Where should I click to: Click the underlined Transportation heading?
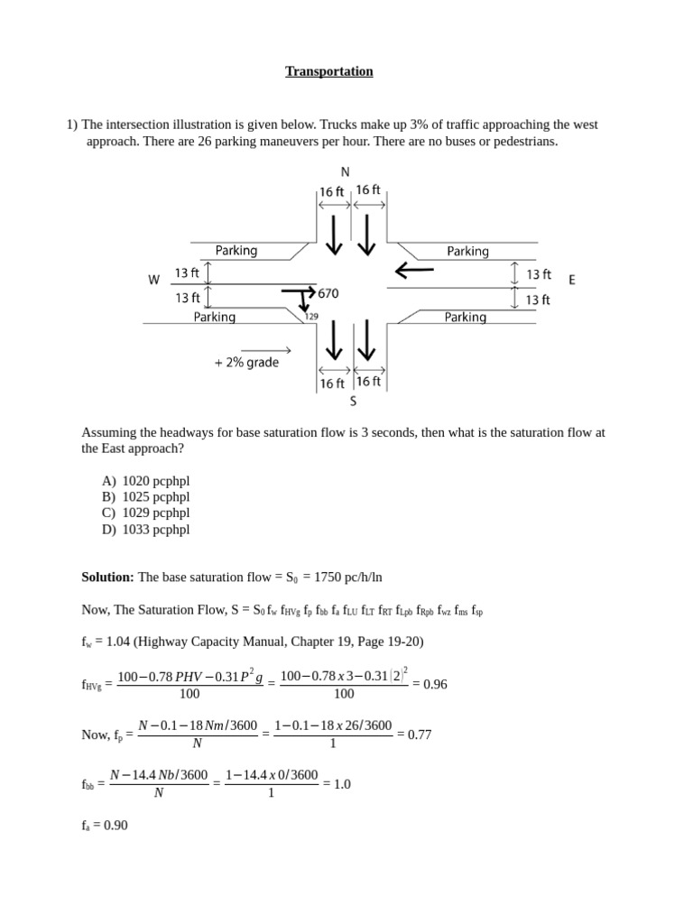pos(329,71)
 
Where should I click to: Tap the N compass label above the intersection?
pos(345,171)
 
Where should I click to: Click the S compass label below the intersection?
pos(353,402)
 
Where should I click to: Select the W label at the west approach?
pos(154,281)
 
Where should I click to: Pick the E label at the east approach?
pos(572,281)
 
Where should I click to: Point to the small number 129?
pos(311,316)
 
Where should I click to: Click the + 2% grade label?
pos(246,363)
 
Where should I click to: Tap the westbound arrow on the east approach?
pos(414,269)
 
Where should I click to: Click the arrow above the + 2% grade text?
pos(265,350)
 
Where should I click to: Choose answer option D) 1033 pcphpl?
pos(146,530)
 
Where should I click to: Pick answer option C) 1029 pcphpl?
pos(146,513)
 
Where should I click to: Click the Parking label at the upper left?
pos(236,251)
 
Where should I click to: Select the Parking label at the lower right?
pos(466,317)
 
